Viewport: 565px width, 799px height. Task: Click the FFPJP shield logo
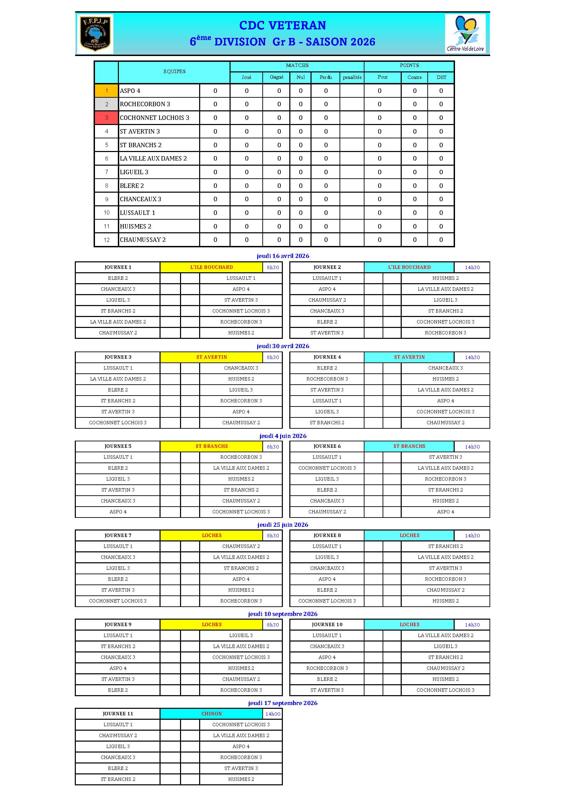tap(95, 34)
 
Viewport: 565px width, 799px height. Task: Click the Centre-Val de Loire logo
tap(466, 34)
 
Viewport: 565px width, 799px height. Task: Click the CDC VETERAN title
tap(282, 25)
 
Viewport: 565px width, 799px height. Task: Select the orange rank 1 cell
tap(107, 91)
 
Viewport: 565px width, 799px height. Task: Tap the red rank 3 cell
tap(107, 118)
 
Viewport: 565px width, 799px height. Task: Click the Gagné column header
tap(277, 77)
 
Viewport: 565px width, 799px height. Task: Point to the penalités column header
tap(352, 77)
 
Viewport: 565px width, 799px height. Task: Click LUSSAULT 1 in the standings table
tap(137, 212)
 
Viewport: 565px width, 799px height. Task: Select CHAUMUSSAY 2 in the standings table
tap(143, 240)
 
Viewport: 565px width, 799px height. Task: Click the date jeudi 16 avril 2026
tap(283, 256)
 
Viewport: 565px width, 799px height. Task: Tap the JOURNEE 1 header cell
tap(118, 267)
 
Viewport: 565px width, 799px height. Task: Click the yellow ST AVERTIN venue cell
tap(211, 357)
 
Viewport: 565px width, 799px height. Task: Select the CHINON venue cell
tap(211, 714)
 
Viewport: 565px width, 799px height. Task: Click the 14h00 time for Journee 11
tap(273, 714)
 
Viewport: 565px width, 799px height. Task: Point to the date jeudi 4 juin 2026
tap(283, 436)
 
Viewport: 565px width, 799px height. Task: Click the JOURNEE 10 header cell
tap(327, 625)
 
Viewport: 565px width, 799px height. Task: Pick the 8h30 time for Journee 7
tap(273, 536)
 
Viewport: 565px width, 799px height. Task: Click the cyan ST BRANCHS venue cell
tap(409, 446)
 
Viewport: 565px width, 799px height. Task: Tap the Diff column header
tap(441, 77)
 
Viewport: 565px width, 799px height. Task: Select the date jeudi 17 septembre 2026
tap(283, 703)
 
